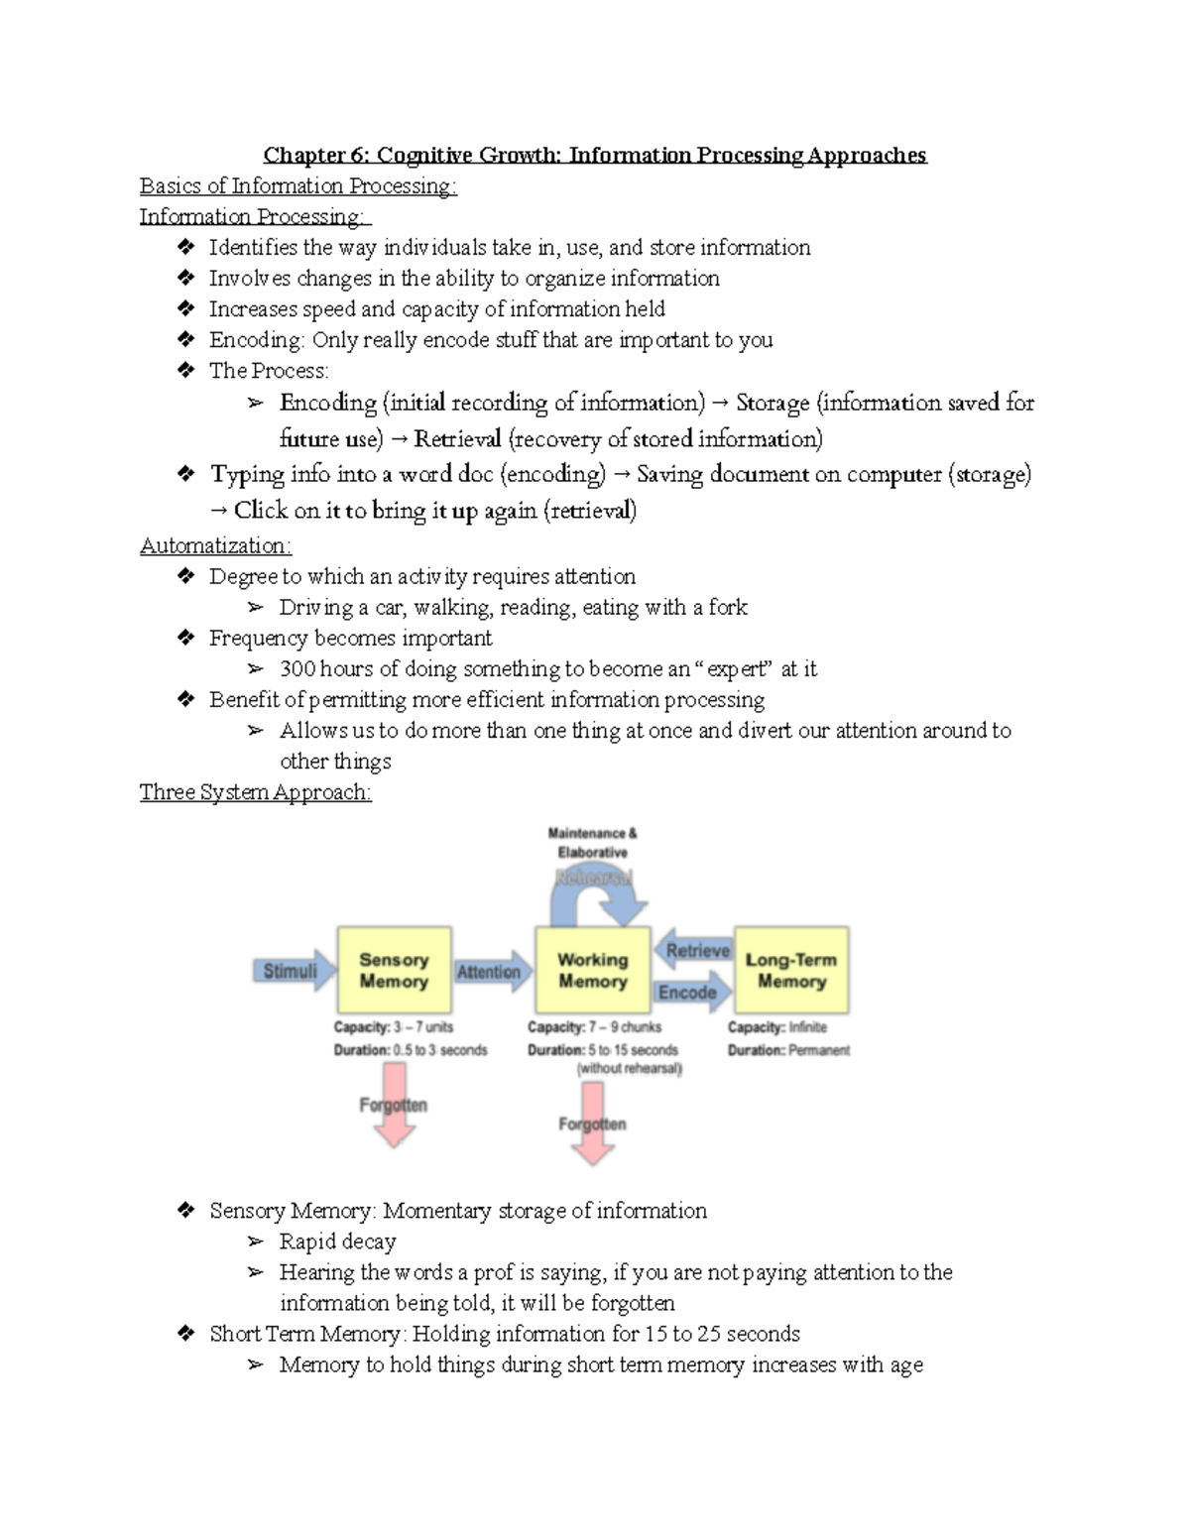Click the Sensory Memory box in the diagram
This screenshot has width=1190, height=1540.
394,971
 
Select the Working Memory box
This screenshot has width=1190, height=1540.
592,971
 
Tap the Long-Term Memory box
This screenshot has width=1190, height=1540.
790,971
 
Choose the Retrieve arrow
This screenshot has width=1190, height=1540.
696,950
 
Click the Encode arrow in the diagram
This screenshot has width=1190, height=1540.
689,992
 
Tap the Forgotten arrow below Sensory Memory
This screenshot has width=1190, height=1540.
394,1104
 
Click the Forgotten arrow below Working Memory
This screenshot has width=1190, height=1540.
592,1123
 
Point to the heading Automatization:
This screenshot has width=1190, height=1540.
215,545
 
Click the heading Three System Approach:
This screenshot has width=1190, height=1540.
255,792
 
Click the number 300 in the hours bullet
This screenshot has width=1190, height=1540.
297,669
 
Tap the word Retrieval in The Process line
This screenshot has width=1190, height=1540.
457,439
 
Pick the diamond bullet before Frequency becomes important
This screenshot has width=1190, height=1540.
185,638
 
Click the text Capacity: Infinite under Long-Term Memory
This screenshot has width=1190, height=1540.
776,1027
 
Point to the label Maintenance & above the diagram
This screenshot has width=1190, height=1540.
592,833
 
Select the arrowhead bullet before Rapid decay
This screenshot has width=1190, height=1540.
256,1242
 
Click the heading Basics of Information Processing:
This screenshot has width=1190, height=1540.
297,186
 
